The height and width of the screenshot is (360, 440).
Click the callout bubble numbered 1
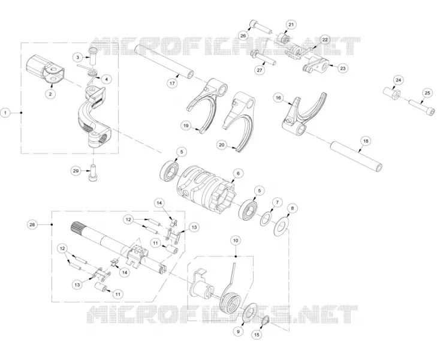click(5, 113)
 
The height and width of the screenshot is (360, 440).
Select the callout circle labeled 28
click(32, 224)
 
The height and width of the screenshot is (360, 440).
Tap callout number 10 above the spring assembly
click(236, 241)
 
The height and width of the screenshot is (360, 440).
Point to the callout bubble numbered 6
click(238, 173)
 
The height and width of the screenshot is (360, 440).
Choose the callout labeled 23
click(343, 68)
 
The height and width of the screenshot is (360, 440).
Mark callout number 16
click(278, 98)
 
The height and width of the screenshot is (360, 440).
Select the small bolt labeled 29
click(93, 173)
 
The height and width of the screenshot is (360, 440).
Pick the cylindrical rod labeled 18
click(357, 156)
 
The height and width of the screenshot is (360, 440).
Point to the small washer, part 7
click(266, 219)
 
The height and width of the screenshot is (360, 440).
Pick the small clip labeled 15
click(266, 320)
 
